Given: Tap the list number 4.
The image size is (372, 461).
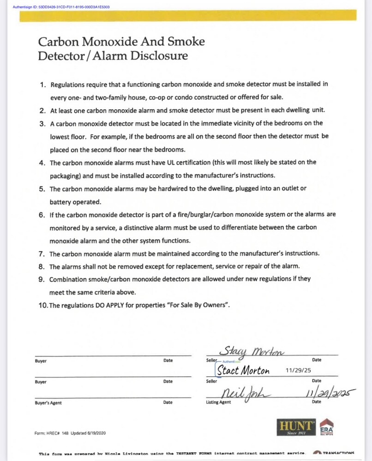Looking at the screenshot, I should (x=42, y=163).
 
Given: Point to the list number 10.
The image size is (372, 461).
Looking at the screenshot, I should (x=43, y=305).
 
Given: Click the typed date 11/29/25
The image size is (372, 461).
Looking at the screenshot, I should (x=299, y=370).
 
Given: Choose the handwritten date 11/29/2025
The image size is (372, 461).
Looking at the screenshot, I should (x=330, y=393).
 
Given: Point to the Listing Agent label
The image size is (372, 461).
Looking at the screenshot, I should (x=218, y=402).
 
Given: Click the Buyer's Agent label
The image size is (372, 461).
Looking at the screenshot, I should (x=48, y=403).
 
